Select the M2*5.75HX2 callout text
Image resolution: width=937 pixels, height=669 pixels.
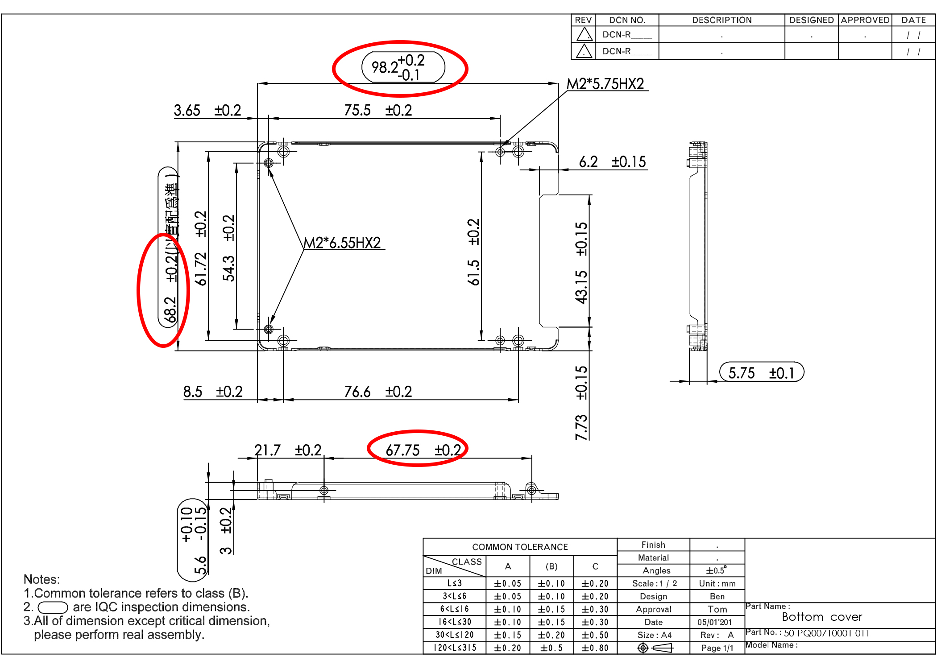pos(605,84)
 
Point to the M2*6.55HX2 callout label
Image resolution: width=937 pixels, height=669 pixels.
pos(342,243)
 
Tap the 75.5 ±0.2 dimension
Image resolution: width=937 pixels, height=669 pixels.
pos(377,110)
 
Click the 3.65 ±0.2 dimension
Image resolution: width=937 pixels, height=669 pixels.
pos(207,110)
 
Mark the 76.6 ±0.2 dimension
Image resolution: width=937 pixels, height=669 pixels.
pos(377,392)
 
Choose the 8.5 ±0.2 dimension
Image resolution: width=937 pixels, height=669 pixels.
pos(213,392)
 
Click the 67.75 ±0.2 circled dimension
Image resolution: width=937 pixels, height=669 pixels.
pos(423,450)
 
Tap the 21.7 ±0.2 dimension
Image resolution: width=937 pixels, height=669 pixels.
pos(287,450)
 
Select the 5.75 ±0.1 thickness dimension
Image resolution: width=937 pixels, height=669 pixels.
pos(762,372)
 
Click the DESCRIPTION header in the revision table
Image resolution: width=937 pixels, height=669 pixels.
pos(721,20)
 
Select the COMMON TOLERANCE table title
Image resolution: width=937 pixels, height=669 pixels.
pos(520,547)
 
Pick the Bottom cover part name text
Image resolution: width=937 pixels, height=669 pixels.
pos(822,617)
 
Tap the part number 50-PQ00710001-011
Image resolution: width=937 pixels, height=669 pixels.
pos(826,633)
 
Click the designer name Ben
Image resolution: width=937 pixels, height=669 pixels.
pos(717,596)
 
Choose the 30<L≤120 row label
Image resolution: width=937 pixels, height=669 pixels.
pos(454,635)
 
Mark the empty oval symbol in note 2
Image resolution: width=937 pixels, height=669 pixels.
pos(53,607)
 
